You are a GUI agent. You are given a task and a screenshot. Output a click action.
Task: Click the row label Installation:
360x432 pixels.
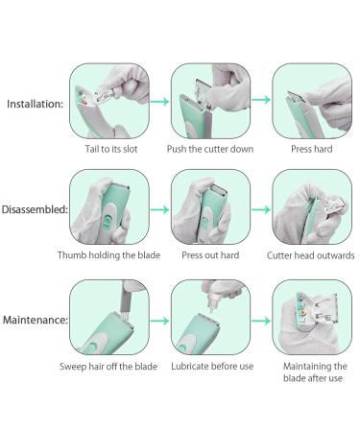[x=36, y=104]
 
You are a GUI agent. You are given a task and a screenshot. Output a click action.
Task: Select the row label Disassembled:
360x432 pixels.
[x=35, y=209]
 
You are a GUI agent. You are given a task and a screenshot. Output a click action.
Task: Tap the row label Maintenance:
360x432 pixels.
[x=36, y=320]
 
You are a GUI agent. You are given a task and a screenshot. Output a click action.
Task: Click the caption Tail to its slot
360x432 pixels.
[x=111, y=149]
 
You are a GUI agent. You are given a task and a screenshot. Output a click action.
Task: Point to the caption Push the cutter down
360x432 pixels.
[x=210, y=149]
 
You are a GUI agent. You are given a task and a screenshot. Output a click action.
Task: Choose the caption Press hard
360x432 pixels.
[x=312, y=149]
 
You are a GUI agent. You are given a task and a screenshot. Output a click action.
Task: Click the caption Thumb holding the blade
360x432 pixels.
[x=108, y=255]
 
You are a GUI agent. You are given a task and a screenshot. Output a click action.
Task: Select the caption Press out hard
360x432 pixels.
[x=210, y=255]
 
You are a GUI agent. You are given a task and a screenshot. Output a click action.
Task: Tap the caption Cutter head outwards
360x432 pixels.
[x=311, y=255]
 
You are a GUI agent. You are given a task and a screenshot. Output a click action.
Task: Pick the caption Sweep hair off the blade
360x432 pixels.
[x=108, y=367]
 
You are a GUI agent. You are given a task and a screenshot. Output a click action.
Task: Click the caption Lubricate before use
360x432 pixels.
[x=212, y=366]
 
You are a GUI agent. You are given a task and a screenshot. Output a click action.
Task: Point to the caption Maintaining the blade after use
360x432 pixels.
[x=315, y=372]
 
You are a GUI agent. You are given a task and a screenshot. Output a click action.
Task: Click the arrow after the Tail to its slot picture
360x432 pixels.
[x=159, y=102]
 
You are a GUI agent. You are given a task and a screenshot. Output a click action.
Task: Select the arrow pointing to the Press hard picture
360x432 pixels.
[x=261, y=100]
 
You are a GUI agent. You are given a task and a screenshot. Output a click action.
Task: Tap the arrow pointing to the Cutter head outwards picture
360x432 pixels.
[x=261, y=210]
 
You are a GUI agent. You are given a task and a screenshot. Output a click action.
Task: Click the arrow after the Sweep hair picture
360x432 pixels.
[x=159, y=321]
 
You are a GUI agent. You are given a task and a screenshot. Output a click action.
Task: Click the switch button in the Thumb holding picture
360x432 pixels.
[x=108, y=220]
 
